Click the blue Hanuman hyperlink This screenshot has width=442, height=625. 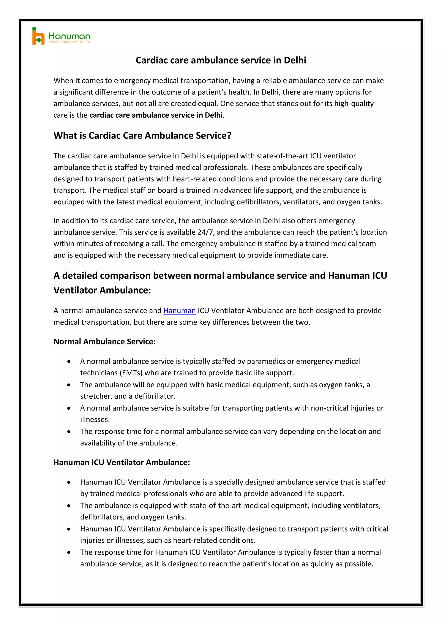[x=179, y=311]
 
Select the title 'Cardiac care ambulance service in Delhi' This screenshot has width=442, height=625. [x=221, y=60]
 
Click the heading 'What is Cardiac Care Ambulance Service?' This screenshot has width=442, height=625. [x=142, y=136]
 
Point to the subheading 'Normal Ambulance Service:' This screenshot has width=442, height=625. [x=104, y=342]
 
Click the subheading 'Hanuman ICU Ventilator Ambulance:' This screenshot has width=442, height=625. [x=122, y=462]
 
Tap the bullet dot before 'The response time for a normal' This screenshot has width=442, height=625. [x=69, y=432]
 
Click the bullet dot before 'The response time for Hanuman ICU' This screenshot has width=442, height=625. [x=69, y=552]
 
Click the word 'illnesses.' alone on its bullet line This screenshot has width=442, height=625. [x=95, y=420]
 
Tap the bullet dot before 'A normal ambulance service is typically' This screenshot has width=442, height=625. [x=69, y=361]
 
